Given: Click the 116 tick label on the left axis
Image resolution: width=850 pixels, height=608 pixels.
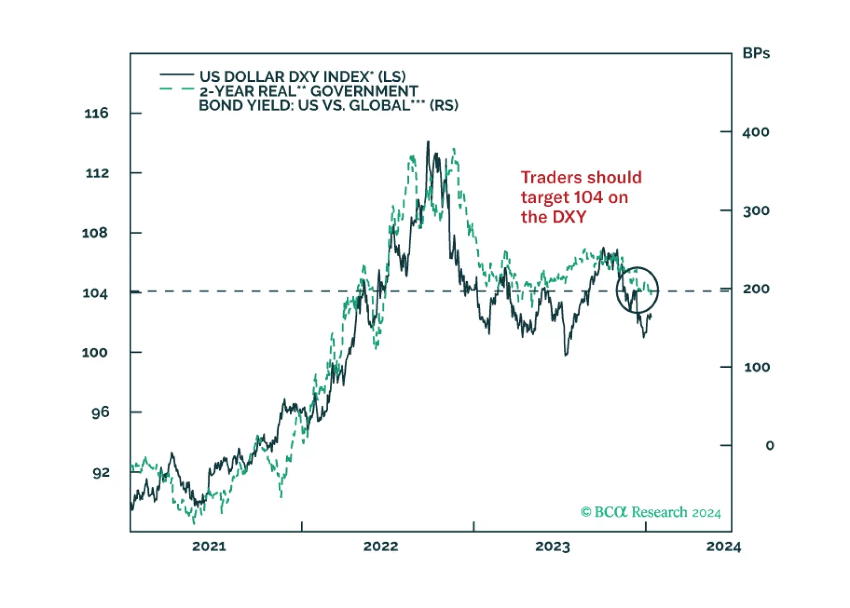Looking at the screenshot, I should pos(96,113).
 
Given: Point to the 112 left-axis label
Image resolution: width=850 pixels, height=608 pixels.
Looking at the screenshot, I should pos(97,173).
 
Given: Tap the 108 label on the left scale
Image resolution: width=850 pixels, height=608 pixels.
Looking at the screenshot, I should pos(95,233).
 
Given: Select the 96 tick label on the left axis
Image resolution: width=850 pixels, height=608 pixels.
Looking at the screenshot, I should pos(99,412).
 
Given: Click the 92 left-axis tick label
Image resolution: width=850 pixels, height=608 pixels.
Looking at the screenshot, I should pos(101,472).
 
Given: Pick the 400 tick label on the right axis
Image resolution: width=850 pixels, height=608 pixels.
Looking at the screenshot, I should pos(756,132).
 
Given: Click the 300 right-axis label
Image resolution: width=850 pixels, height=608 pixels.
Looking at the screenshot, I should pos(756,211).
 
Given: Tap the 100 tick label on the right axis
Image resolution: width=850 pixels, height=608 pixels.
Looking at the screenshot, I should pos(756,367).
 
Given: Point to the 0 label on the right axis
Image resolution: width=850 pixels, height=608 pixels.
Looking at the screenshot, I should pos(769,445).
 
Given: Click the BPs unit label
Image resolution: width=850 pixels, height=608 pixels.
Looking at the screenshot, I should pos(756,54).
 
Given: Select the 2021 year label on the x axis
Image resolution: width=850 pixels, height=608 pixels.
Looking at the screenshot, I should pos(209,546).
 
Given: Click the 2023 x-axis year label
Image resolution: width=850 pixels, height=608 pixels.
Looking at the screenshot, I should pos(552,546).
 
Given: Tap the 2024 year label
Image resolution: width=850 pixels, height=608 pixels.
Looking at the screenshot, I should pos(723,546).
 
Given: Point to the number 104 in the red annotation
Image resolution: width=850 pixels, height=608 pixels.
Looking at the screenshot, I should pos(588,197).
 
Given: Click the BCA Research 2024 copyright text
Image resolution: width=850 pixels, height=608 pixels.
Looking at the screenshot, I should pos(651,512).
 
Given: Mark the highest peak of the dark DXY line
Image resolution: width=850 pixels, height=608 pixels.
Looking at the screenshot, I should pos(428,142).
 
